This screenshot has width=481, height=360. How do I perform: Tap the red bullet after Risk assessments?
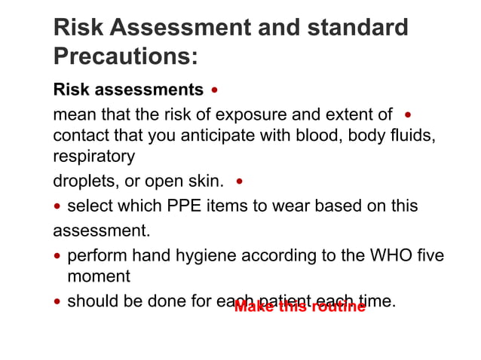pos(216,90)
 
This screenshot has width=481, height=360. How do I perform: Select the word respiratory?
pos(94,157)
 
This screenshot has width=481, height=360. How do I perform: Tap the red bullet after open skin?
pos(240,182)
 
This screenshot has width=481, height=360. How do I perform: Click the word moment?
pos(99,276)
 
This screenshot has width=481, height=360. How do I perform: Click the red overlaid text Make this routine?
pos(299,307)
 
